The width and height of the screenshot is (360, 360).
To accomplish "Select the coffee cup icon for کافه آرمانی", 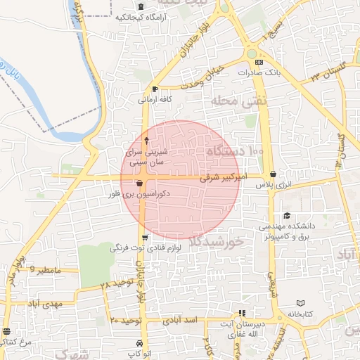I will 155,89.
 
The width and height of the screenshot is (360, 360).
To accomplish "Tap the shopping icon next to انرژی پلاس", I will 272,174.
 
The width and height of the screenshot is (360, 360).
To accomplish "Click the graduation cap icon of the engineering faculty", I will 286,216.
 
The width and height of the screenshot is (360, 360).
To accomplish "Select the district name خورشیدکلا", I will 217,242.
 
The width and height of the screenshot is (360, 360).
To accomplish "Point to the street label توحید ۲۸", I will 115,284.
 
